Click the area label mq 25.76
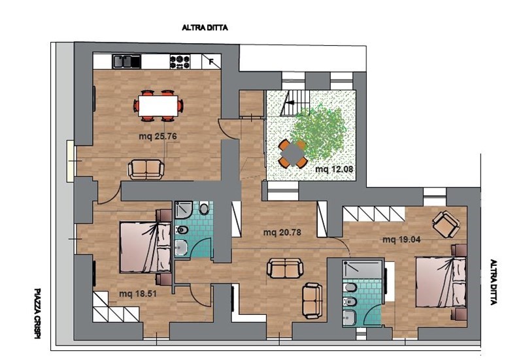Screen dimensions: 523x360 pyautogui.click(x=158, y=137)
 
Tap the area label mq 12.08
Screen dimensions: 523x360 pyautogui.click(x=334, y=169)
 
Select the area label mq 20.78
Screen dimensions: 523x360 pyautogui.click(x=282, y=232)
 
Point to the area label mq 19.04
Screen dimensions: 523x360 pyautogui.click(x=401, y=239)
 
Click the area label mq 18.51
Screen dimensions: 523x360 pyautogui.click(x=138, y=294)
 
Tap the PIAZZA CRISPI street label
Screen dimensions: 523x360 pyautogui.click(x=37, y=314)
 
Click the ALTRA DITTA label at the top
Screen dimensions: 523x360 pyautogui.click(x=205, y=27)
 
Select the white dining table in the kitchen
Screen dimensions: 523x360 pyautogui.click(x=158, y=106)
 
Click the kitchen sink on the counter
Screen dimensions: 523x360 pyautogui.click(x=126, y=61)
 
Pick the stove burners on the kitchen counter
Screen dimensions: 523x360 pyautogui.click(x=180, y=61)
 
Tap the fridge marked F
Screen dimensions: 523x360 pyautogui.click(x=211, y=61)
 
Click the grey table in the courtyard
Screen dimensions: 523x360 pyautogui.click(x=292, y=154)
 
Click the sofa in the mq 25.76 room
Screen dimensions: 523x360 pyautogui.click(x=146, y=169)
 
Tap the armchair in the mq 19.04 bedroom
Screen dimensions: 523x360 pyautogui.click(x=446, y=224)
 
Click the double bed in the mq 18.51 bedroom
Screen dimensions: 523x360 pyautogui.click(x=145, y=248)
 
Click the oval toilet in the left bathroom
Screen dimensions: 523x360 pyautogui.click(x=204, y=209)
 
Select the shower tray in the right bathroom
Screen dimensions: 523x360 pyautogui.click(x=362, y=269)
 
